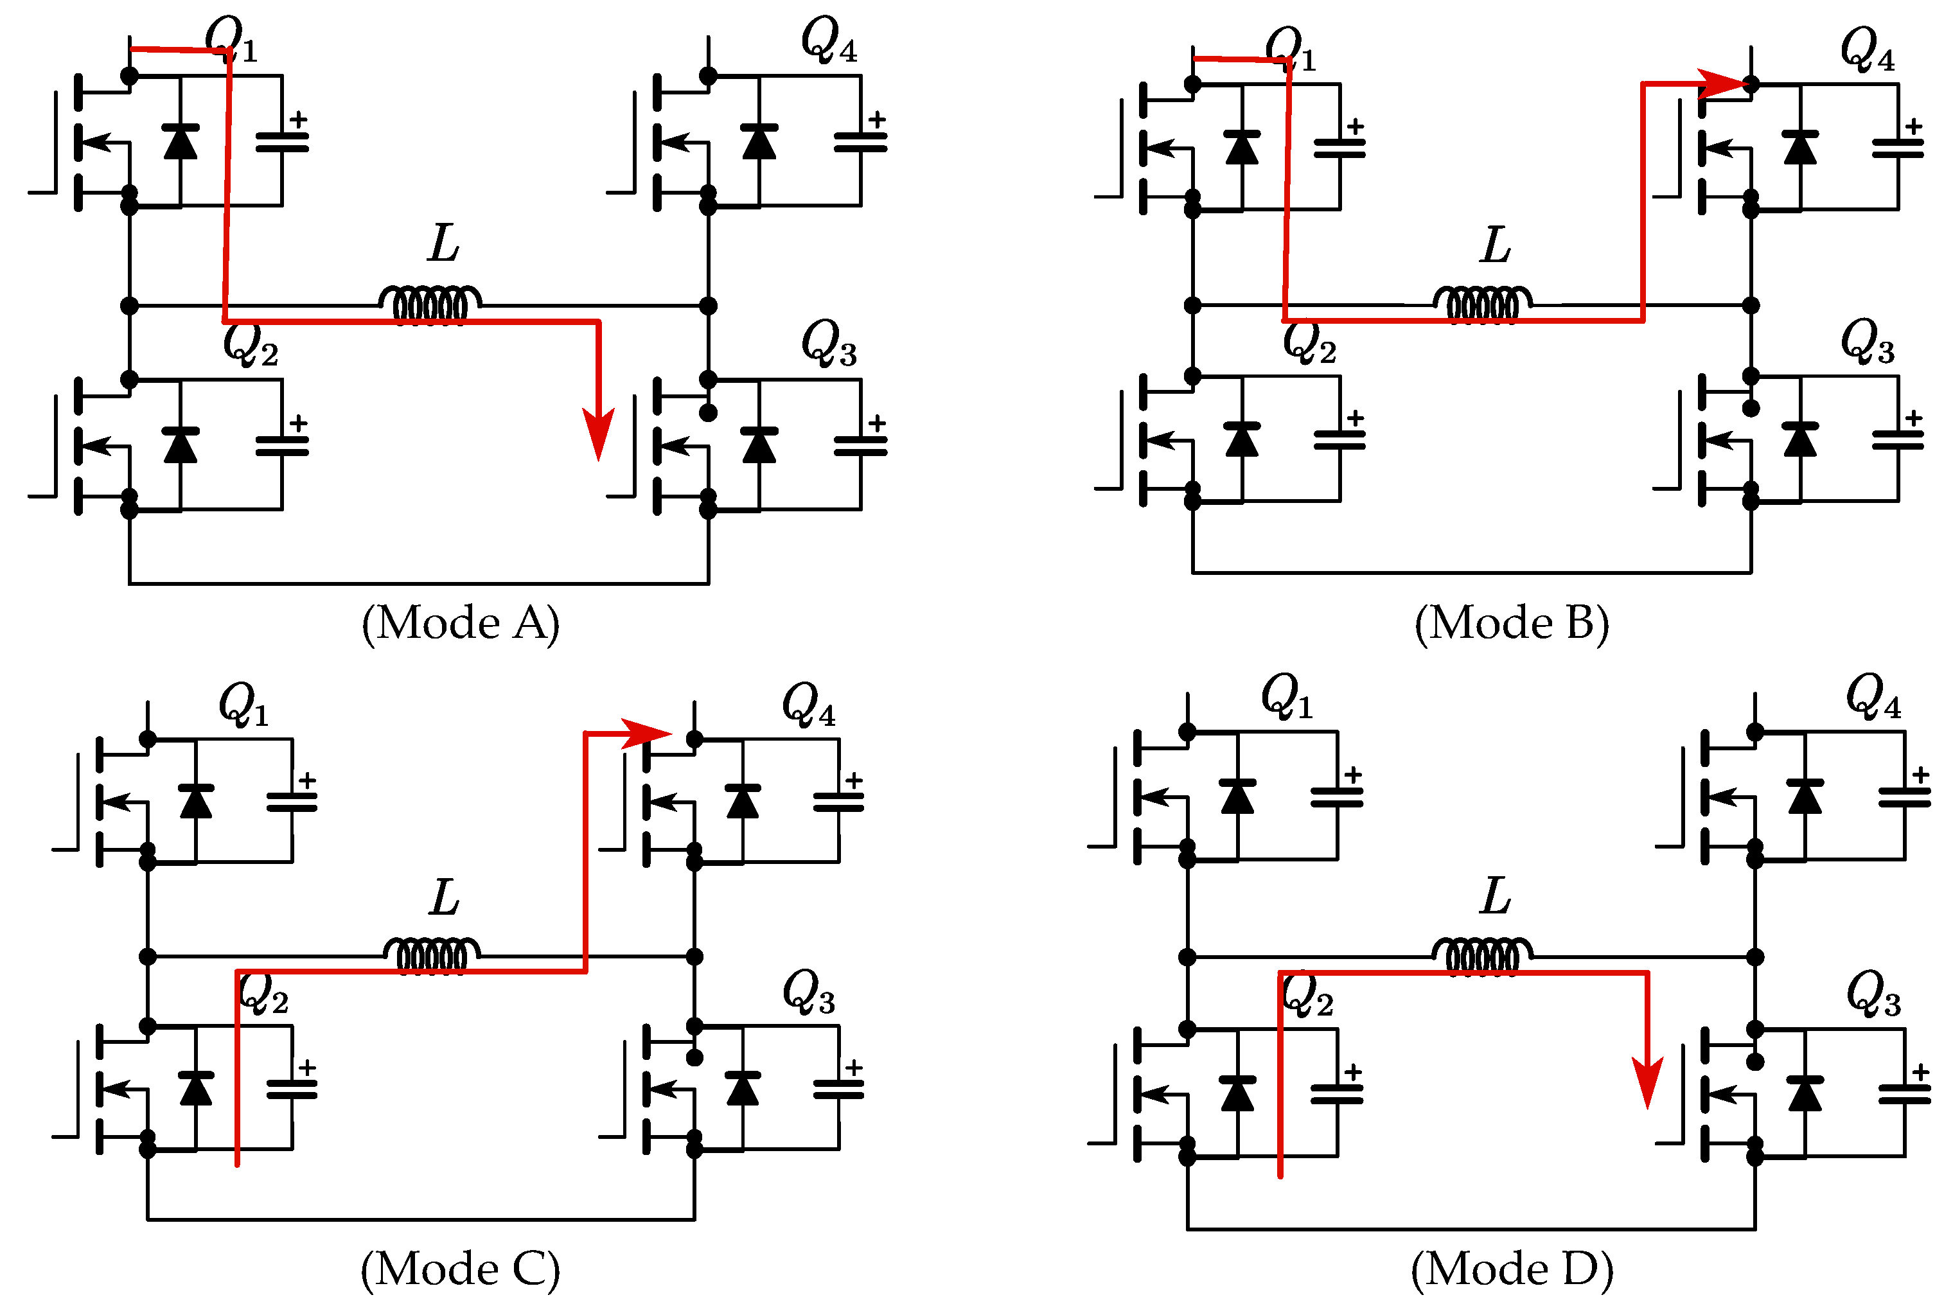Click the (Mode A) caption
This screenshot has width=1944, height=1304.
pyautogui.click(x=460, y=623)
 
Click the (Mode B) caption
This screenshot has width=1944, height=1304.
pyautogui.click(x=1511, y=623)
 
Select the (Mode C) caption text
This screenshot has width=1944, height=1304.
pyautogui.click(x=460, y=1269)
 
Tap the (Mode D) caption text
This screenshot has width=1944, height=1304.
pyautogui.click(x=1511, y=1269)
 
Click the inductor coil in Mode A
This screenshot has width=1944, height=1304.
pyautogui.click(x=430, y=304)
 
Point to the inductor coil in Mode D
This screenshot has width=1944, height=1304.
pyautogui.click(x=1481, y=956)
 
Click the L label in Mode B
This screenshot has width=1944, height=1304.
pyautogui.click(x=1495, y=245)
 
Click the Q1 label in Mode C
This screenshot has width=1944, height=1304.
pyautogui.click(x=243, y=705)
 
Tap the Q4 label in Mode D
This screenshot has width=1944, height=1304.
pyautogui.click(x=1871, y=696)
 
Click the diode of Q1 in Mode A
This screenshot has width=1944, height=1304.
pyautogui.click(x=181, y=142)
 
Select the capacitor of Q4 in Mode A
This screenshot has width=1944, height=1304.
pyautogui.click(x=861, y=142)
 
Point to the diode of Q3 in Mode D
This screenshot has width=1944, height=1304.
pyautogui.click(x=1805, y=1093)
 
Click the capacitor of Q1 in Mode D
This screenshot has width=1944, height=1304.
pyautogui.click(x=1336, y=798)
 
